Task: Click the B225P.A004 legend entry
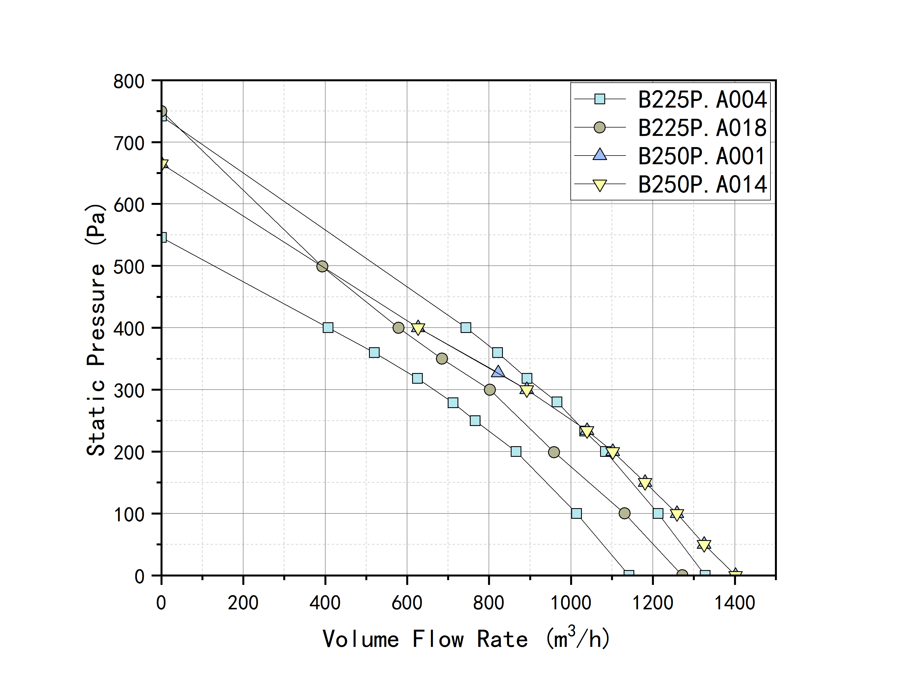[x=702, y=99]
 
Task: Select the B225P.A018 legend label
[x=702, y=128]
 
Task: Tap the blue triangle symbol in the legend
[x=600, y=155]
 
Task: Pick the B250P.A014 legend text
[x=702, y=184]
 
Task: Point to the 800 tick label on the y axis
[x=129, y=81]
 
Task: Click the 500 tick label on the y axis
[x=129, y=267]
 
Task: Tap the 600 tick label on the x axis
[x=407, y=603]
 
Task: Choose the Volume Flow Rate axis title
[x=466, y=639]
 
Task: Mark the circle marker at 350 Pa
[x=442, y=358]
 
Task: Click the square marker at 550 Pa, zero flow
[x=162, y=237]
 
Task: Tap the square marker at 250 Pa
[x=475, y=421]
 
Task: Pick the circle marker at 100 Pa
[x=624, y=513]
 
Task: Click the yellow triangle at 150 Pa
[x=645, y=483]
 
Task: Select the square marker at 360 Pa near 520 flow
[x=374, y=352]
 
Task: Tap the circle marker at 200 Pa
[x=554, y=452]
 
